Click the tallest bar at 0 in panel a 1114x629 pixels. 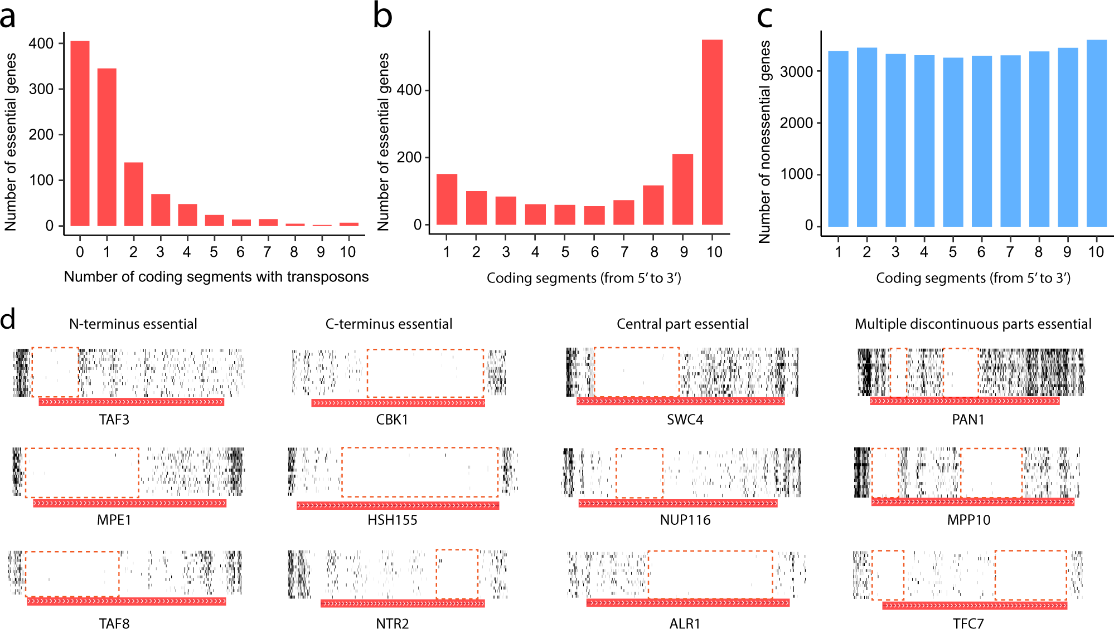(x=80, y=134)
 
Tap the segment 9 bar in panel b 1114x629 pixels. (x=682, y=189)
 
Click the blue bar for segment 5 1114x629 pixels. (x=953, y=142)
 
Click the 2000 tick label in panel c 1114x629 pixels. (x=796, y=123)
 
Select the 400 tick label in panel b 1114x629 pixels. (x=409, y=90)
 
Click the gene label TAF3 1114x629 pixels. (x=114, y=420)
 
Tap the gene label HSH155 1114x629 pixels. (x=392, y=520)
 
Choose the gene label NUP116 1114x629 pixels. (x=685, y=520)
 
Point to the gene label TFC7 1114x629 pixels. (x=968, y=623)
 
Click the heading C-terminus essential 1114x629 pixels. (x=389, y=324)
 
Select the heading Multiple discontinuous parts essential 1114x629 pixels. (x=973, y=324)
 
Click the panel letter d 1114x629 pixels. (x=8, y=320)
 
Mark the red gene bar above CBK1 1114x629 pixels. (x=398, y=403)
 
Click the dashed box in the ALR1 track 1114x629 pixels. (x=710, y=574)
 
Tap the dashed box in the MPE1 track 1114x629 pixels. (x=82, y=472)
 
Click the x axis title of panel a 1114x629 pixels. (x=216, y=277)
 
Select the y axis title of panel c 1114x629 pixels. (x=764, y=142)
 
